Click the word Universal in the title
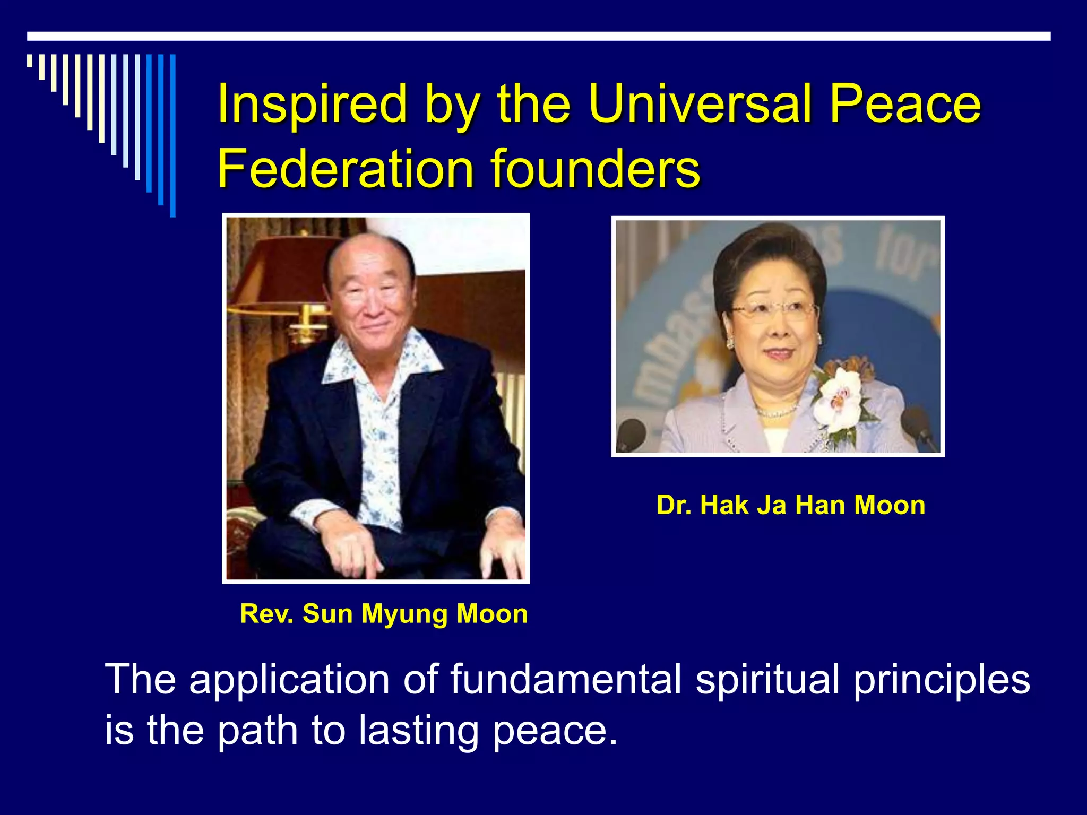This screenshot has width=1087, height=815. point(701,103)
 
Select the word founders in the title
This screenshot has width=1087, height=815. point(596,169)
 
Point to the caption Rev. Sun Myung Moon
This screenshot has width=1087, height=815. point(383,614)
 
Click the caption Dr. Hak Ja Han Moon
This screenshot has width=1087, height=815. point(791,505)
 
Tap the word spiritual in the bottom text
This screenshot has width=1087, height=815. point(768,680)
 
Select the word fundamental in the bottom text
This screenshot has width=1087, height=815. point(566,679)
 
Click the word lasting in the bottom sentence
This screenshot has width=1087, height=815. point(418,730)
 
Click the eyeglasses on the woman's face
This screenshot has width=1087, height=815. point(775,310)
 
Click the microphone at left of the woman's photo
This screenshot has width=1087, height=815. point(631,432)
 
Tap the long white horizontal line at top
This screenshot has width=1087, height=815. point(539,36)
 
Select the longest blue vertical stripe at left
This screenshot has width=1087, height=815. point(172,135)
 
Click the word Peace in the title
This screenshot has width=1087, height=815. point(905,103)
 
